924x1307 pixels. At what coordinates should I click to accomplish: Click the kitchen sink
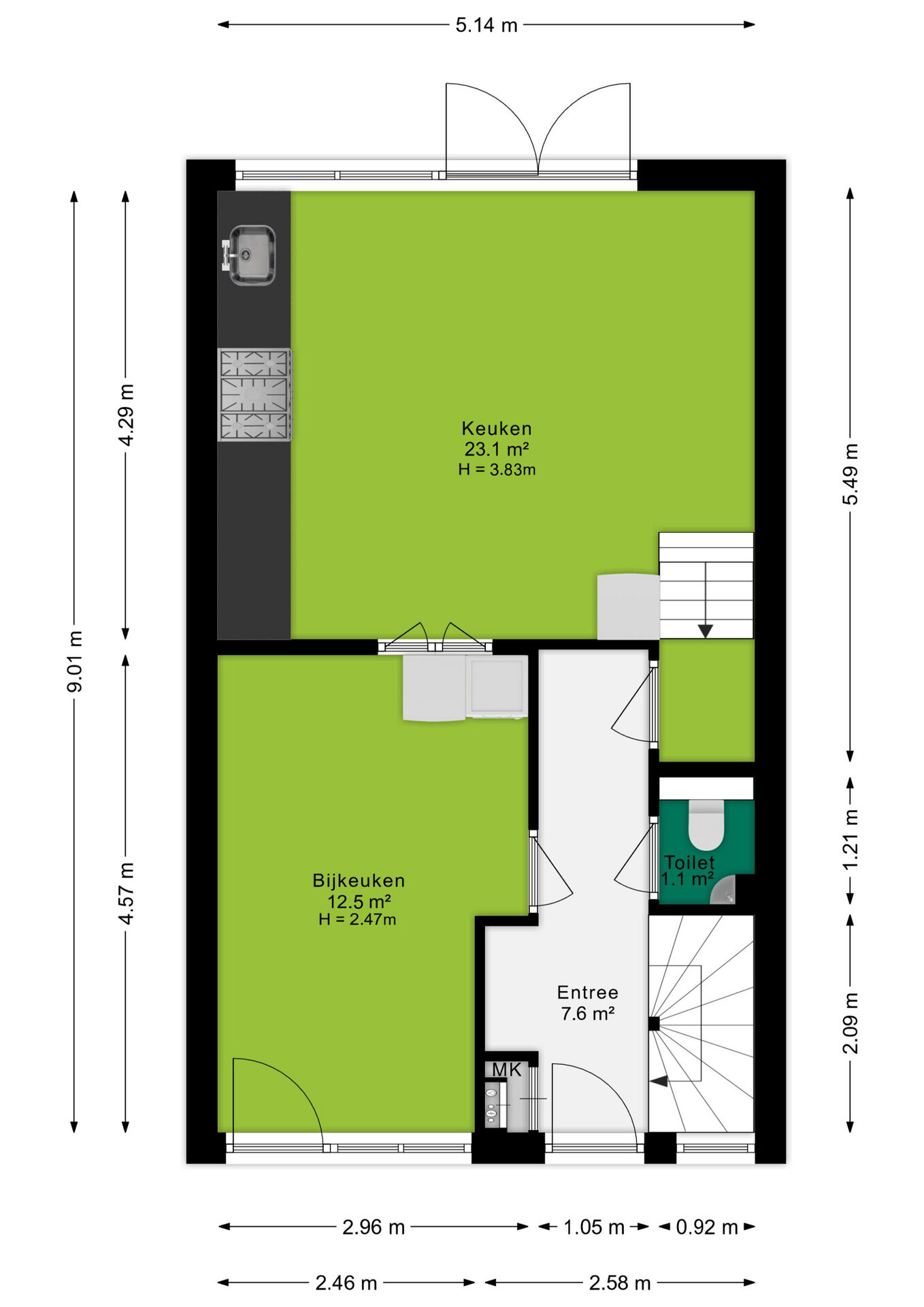pos(249,255)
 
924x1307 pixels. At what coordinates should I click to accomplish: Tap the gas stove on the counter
pos(254,395)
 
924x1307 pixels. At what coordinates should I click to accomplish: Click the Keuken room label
pos(497,428)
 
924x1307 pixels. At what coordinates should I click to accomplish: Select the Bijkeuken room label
pos(359,880)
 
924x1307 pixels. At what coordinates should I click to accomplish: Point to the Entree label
pos(588,992)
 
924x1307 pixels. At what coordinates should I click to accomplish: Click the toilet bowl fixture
pos(706,825)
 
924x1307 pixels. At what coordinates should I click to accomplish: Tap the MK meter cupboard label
pos(507,1069)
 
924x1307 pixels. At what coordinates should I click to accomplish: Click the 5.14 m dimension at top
pos(486,25)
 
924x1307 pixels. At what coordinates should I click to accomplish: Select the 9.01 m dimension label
pos(75,661)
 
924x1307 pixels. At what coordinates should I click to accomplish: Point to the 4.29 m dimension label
pos(126,415)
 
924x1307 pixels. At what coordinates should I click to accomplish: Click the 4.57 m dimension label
pos(126,892)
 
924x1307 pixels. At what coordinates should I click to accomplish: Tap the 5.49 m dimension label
pos(851,474)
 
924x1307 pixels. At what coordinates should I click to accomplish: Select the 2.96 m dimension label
pos(374,1227)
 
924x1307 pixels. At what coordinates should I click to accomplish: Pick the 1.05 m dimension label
pos(594,1227)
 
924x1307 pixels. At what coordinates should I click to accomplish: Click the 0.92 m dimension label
pos(707,1227)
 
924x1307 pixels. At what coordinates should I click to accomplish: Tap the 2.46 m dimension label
pos(346,1282)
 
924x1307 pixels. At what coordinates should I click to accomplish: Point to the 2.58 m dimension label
pos(620,1282)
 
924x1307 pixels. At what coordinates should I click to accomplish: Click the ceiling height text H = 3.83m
pos(497,469)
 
